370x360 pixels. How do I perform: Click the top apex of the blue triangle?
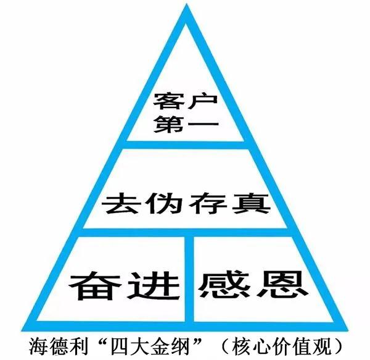click(x=185, y=7)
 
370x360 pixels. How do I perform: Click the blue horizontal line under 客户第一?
click(x=185, y=144)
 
